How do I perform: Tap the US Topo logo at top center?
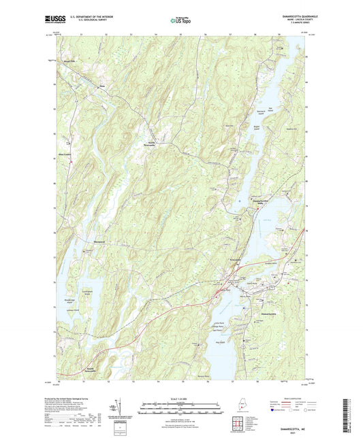pos(179,20)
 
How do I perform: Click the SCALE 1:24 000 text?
pos(180,398)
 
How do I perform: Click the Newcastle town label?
pos(235,260)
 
